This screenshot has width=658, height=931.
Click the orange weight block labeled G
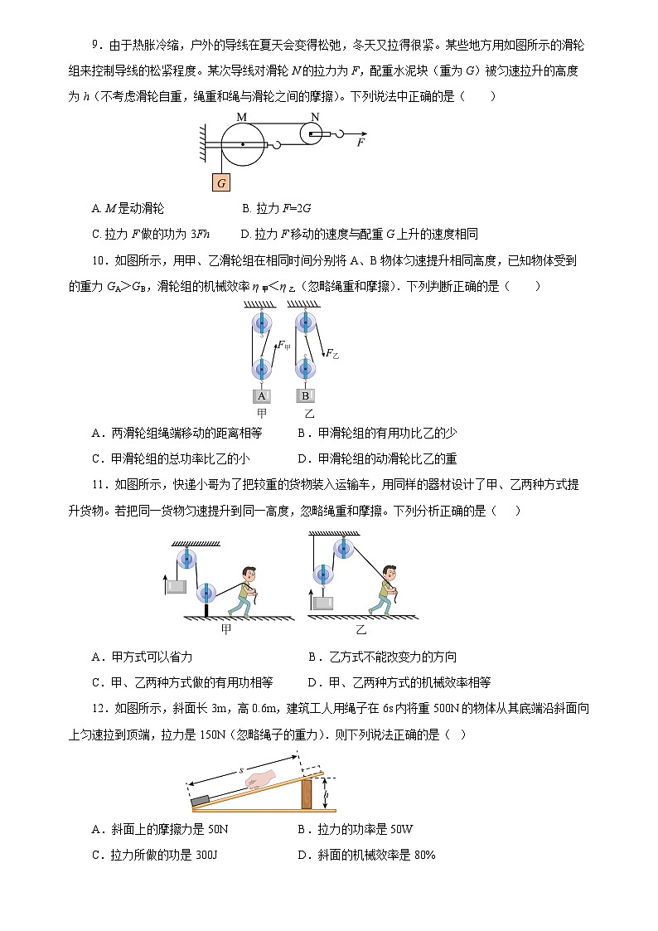[x=221, y=182]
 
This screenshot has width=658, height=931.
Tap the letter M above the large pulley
[x=241, y=117]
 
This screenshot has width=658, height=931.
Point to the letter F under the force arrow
[x=360, y=143]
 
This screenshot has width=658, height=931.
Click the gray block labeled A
[x=262, y=396]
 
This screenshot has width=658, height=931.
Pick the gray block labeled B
[x=305, y=396]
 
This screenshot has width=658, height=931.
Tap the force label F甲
[x=283, y=345]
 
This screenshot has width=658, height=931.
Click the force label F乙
[x=331, y=353]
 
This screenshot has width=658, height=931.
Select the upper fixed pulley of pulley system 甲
[x=262, y=322]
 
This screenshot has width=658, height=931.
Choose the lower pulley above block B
[x=306, y=367]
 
